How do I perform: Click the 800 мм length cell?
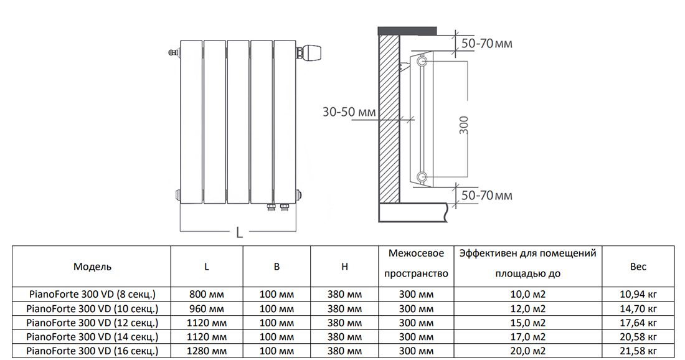pyautogui.click(x=207, y=294)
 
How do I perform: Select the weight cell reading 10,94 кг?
pyautogui.click(x=638, y=294)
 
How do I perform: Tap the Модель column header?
pyautogui.click(x=92, y=267)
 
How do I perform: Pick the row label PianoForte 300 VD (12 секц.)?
pyautogui.click(x=92, y=323)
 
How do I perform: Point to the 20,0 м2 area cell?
pyautogui.click(x=528, y=351)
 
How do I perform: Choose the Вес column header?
pyautogui.click(x=638, y=267)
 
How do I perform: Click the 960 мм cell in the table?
pyautogui.click(x=207, y=308)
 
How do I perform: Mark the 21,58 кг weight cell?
pyautogui.click(x=638, y=351)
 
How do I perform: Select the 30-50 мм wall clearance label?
pyautogui.click(x=349, y=112)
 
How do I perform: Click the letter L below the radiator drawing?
pyautogui.click(x=239, y=233)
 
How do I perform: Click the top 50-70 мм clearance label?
pyautogui.click(x=486, y=44)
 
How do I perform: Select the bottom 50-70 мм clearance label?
pyautogui.click(x=486, y=196)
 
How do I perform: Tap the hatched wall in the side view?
pyautogui.click(x=389, y=118)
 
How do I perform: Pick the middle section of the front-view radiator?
pyautogui.click(x=237, y=121)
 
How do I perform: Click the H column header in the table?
pyautogui.click(x=344, y=267)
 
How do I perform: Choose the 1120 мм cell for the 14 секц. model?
pyautogui.click(x=207, y=337)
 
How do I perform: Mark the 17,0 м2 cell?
pyautogui.click(x=528, y=337)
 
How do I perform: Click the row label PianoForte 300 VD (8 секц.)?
pyautogui.click(x=92, y=294)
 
